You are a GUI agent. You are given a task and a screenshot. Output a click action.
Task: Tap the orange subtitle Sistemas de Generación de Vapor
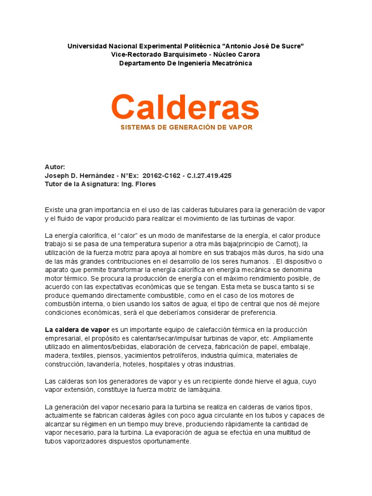click(186, 127)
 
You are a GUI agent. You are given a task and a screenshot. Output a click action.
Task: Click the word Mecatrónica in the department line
click(230, 63)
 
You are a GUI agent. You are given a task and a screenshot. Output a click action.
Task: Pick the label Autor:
click(55, 167)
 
